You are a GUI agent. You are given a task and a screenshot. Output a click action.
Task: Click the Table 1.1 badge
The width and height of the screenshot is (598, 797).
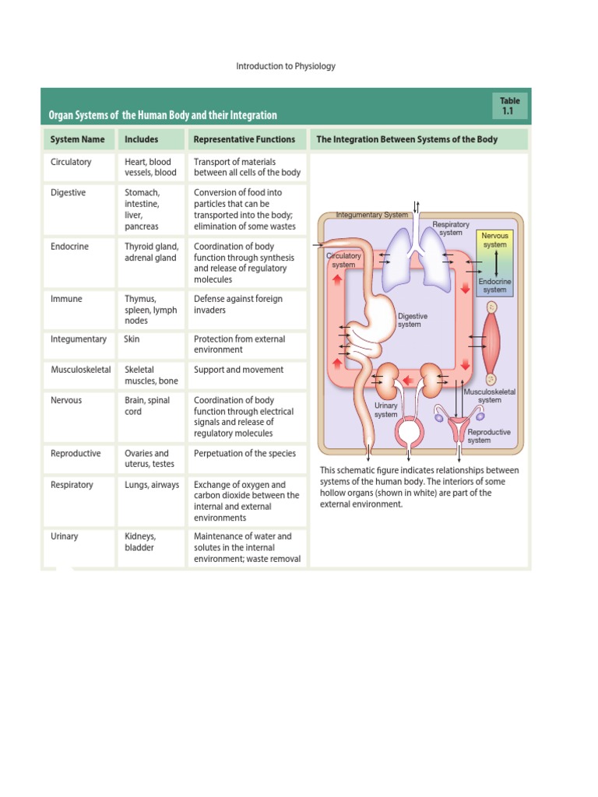point(510,106)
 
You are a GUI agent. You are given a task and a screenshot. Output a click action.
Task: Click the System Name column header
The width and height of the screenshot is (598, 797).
point(77,139)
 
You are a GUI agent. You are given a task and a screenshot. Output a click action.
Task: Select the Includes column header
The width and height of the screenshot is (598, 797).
point(141,139)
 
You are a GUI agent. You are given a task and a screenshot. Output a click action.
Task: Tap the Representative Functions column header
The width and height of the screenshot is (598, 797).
point(244,139)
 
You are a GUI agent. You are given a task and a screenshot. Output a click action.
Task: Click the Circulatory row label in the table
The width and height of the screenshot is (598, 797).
point(71,162)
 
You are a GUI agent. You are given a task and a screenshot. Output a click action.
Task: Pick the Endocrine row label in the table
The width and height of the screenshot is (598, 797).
point(69,246)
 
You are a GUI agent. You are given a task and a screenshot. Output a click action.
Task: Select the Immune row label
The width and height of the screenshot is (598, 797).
point(67,298)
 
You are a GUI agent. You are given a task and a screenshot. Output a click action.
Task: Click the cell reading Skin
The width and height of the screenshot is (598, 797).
point(132,339)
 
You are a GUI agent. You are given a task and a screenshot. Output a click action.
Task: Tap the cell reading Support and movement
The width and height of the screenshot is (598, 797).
point(238,370)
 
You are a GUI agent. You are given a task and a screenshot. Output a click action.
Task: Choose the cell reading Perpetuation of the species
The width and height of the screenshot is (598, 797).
point(244,453)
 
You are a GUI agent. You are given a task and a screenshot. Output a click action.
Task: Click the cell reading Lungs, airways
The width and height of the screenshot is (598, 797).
point(152,484)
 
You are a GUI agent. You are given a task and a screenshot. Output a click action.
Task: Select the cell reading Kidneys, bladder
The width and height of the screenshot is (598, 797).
point(140,542)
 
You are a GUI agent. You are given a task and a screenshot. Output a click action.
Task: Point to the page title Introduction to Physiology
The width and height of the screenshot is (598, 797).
point(286,66)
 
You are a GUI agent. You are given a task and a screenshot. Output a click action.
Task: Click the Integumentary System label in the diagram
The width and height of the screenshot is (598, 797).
point(371,214)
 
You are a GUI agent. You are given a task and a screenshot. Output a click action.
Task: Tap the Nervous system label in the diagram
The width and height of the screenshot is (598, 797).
point(494,240)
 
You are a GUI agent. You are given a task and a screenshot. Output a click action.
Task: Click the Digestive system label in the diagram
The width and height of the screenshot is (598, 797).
point(413,320)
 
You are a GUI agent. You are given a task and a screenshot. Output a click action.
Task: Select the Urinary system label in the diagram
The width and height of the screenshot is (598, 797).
point(386,409)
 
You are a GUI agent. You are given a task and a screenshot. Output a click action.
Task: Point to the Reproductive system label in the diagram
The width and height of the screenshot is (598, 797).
point(489,436)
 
